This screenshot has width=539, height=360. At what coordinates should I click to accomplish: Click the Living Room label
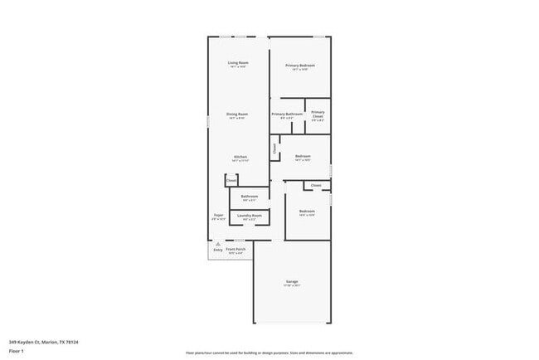(239, 63)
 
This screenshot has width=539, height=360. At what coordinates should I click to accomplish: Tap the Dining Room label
(237, 114)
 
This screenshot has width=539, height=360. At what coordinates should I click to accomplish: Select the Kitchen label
(240, 157)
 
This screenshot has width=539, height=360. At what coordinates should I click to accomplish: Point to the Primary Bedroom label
(300, 66)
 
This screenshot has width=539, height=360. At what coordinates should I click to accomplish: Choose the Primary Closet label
(318, 114)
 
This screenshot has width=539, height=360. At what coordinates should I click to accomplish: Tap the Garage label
(293, 282)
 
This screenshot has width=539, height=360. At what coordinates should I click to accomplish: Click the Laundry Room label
(250, 216)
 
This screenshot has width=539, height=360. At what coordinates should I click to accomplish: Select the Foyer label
(219, 215)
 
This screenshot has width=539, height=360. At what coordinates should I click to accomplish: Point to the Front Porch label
(236, 249)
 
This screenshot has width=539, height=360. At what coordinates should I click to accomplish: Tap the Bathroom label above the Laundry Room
(250, 197)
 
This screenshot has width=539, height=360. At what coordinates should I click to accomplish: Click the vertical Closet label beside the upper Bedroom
(274, 149)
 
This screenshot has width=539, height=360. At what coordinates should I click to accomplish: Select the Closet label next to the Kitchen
(231, 180)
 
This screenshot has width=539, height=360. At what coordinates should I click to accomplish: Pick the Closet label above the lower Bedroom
(316, 185)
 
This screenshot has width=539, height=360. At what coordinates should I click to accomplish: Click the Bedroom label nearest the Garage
(307, 212)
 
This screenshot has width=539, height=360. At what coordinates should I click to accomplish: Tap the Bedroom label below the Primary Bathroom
(303, 156)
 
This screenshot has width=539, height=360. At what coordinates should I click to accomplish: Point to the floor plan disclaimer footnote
(269, 352)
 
